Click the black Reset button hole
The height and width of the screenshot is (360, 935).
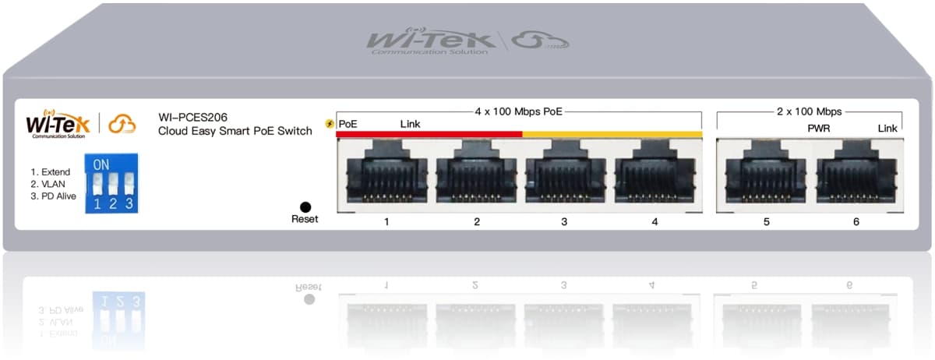point(305,206)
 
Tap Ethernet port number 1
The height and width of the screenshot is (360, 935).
point(386,175)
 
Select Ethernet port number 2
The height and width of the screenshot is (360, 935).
point(476,175)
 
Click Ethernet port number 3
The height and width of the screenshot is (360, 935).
point(565,175)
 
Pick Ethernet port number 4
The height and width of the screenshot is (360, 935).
point(654,175)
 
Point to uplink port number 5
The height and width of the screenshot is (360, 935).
point(765,175)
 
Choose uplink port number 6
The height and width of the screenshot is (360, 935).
point(856,175)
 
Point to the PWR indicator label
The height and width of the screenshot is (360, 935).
point(819,127)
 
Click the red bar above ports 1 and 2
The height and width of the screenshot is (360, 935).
point(429,134)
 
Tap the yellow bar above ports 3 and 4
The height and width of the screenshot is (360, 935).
point(612,134)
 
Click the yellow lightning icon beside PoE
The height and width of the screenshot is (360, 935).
point(330,125)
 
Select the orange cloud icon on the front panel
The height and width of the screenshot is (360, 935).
point(122,123)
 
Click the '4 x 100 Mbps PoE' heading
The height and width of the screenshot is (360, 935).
point(518,112)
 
